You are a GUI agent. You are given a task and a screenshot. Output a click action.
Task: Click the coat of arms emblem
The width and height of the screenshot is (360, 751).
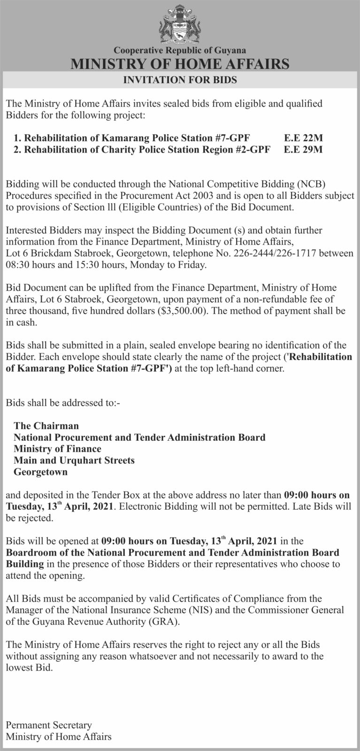pos(180,24)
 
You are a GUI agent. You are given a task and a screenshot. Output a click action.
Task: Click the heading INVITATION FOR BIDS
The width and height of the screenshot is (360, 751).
pos(180,80)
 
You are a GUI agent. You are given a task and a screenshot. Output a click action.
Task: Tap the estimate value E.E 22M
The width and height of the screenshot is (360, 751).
pos(304,138)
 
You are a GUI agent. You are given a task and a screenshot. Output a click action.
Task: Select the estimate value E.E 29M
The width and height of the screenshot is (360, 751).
pos(304,150)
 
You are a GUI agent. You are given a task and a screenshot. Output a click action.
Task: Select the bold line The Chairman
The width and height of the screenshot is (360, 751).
pos(46,426)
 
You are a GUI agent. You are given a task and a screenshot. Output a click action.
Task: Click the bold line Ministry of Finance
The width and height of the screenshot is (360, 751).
pos(57,449)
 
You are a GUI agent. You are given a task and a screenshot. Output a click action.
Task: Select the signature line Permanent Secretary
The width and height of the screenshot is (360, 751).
pos(49,725)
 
